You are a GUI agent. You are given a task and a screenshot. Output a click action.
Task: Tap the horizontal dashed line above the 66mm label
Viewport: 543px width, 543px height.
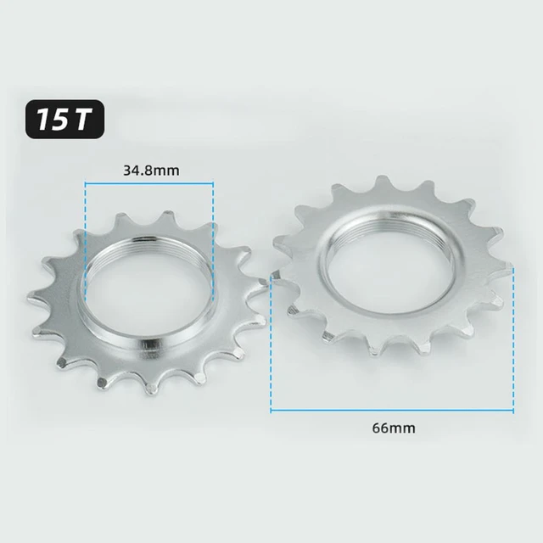tap(392, 411)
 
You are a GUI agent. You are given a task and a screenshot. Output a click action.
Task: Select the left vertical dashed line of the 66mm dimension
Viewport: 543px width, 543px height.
tap(271, 339)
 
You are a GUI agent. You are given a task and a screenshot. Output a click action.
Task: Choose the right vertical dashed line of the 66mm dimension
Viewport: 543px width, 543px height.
tap(512, 339)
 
